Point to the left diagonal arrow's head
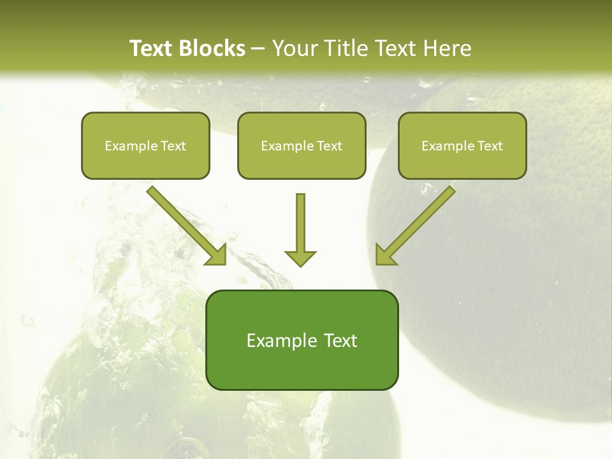pyautogui.click(x=217, y=255)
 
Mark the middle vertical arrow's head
pyautogui.click(x=300, y=258)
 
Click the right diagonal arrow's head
pyautogui.click(x=385, y=255)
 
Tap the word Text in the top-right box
pyautogui.click(x=490, y=146)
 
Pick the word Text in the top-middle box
pyautogui.click(x=330, y=146)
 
